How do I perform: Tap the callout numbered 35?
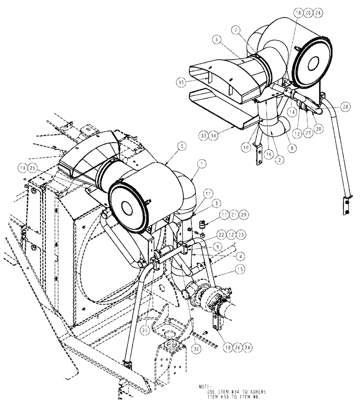[181, 82]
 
